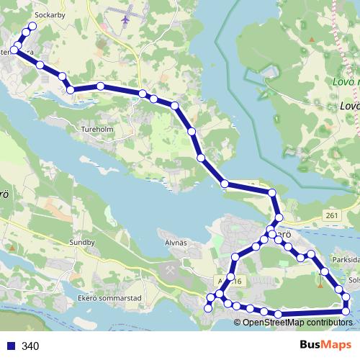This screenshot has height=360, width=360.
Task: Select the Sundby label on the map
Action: coord(82,243)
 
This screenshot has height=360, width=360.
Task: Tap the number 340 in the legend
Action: coord(30,346)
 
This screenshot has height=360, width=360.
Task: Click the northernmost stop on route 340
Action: coord(32,27)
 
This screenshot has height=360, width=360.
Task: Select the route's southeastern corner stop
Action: coord(346,311)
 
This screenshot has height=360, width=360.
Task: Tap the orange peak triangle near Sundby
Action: coord(12,246)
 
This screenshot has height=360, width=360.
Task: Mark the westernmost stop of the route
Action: coord(14,50)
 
